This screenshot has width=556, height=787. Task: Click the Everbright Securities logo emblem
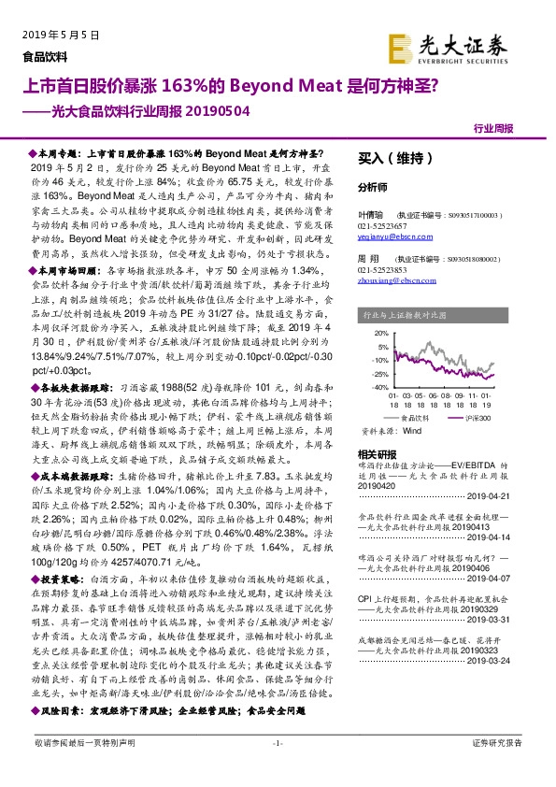pos(404,46)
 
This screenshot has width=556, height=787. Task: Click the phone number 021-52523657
pos(383,227)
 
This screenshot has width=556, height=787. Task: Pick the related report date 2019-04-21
pos(508,499)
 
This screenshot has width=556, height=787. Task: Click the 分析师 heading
pos(373,187)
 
